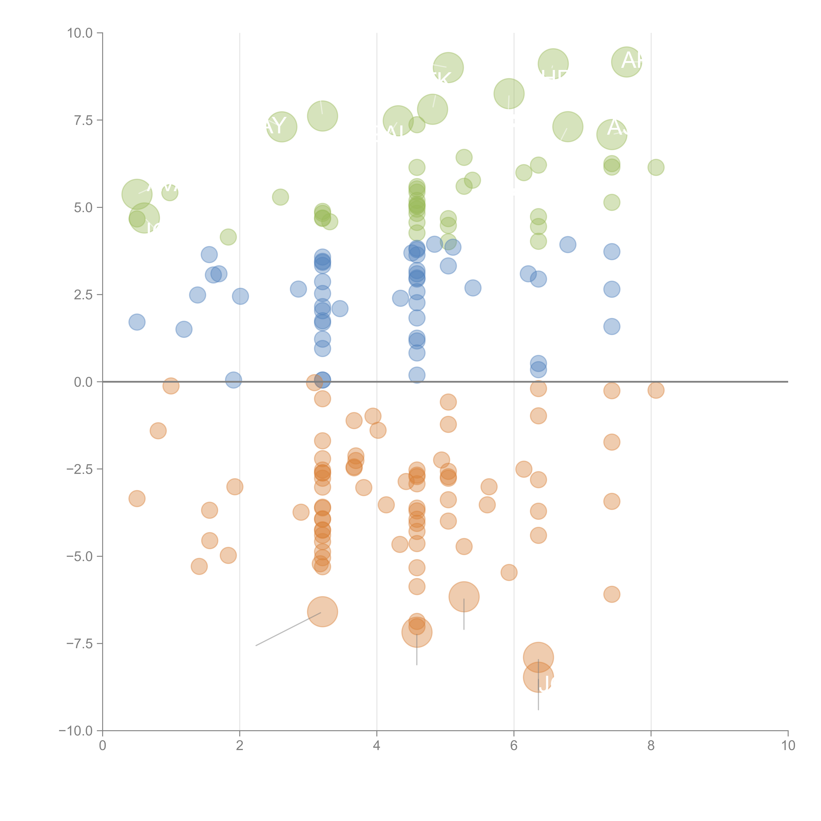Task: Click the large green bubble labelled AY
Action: click(281, 127)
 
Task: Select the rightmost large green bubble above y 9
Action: click(626, 62)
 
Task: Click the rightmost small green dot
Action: click(656, 167)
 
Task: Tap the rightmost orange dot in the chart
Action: click(656, 390)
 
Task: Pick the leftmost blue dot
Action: click(137, 322)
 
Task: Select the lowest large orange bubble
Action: click(538, 677)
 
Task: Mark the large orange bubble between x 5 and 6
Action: click(464, 597)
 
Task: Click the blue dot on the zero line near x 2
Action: click(233, 380)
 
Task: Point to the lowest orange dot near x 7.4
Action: click(611, 594)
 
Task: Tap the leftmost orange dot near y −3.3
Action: click(137, 499)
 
